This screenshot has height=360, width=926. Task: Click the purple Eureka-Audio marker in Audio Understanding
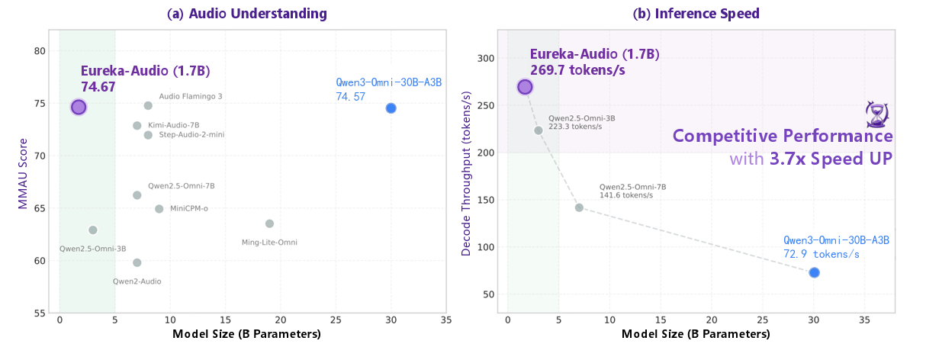point(79,107)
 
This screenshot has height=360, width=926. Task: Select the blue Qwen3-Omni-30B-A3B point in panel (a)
point(391,108)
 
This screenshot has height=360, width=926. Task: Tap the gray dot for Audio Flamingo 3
point(148,105)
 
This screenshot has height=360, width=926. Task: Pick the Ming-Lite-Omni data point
point(269,223)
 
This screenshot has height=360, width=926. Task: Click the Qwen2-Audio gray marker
point(137,262)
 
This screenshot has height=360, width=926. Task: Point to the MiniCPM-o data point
point(159,209)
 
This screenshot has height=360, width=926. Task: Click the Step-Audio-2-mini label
point(191,135)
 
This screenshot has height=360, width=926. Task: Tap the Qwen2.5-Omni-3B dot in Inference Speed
point(538,130)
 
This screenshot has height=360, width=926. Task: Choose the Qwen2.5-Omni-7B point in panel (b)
point(579,207)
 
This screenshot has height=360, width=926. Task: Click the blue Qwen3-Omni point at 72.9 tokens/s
point(814,272)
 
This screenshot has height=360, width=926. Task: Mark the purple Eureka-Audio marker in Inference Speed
point(525,87)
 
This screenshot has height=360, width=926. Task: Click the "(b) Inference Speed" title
point(696,14)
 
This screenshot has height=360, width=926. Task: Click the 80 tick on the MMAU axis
point(40,51)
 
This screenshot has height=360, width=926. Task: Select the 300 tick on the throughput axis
point(487,59)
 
